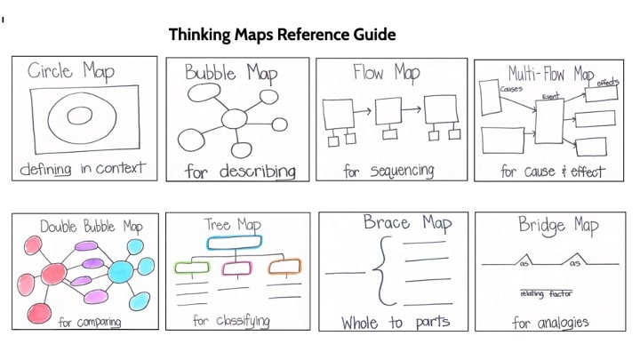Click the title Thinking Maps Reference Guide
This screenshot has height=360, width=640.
click(282, 35)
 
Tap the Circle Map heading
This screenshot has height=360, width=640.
click(71, 71)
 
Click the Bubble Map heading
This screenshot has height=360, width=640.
click(236, 72)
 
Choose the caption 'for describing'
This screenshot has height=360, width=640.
click(240, 170)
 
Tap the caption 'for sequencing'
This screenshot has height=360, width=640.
click(388, 170)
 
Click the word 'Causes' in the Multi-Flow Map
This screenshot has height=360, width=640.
click(511, 89)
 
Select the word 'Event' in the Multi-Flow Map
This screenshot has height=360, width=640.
click(551, 96)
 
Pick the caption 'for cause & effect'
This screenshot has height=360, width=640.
click(551, 171)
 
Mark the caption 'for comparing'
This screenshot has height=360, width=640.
click(89, 322)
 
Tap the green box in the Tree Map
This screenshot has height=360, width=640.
click(191, 267)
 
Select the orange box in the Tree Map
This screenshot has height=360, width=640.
click(284, 265)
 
